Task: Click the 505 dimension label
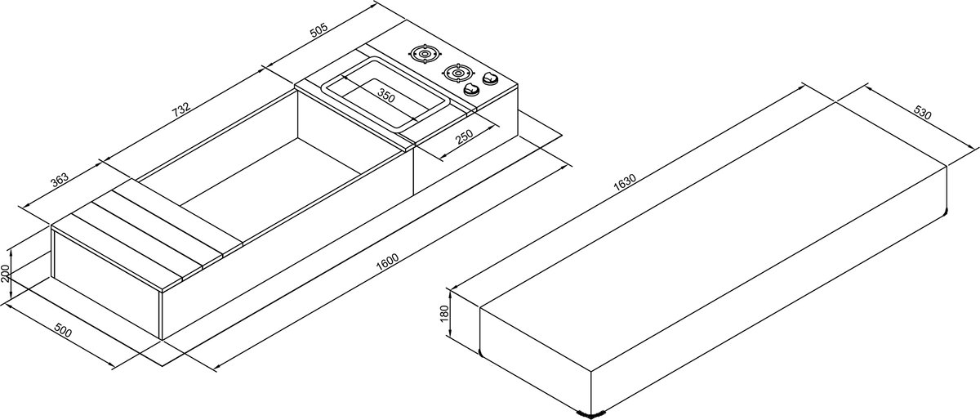coord(319,29)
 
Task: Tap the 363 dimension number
coord(60,180)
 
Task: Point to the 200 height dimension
coord(5,273)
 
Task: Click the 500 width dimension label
coord(64,330)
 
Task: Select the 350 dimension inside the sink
coord(386,96)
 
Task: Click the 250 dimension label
coord(464,136)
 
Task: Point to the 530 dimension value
coord(923,113)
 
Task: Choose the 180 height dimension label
coord(445,314)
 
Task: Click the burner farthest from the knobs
coord(425,54)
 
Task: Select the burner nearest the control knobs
coord(458,72)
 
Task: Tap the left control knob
coord(471,89)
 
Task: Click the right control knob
coord(491,78)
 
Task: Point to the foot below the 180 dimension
coord(480,353)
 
